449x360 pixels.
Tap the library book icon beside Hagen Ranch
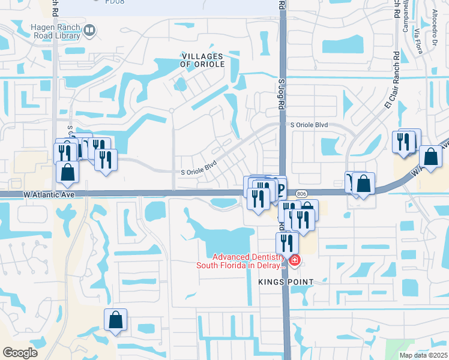[x=89, y=29]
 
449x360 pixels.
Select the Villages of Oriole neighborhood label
[x=202, y=60]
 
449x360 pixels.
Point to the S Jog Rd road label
[x=281, y=93]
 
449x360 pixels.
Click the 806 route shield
[x=301, y=193]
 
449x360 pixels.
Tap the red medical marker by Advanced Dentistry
[x=294, y=260]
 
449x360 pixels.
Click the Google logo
[x=20, y=352]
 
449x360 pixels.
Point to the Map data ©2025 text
[x=423, y=355]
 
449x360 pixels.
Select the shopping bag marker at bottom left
[x=115, y=320]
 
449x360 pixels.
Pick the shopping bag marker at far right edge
[x=430, y=157]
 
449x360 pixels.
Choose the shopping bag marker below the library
[x=67, y=171]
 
